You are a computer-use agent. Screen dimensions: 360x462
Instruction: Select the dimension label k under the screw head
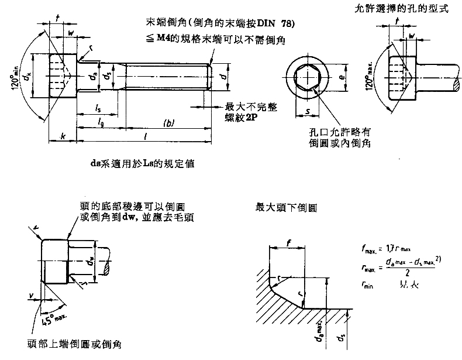pyautogui.click(x=61, y=136)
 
